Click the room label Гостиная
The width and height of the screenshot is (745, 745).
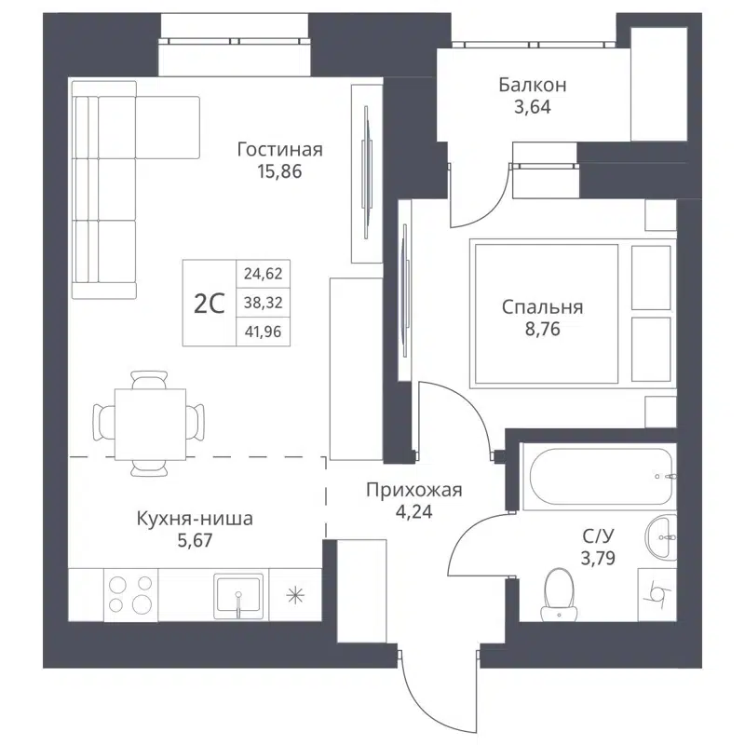click(279, 150)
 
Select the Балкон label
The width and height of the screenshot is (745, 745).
click(532, 85)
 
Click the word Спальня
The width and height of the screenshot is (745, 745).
click(542, 306)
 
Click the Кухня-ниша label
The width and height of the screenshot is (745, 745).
click(195, 519)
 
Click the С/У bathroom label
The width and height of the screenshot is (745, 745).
click(597, 536)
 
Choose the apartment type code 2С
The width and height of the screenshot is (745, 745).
click(210, 303)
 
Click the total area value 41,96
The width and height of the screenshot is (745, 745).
click(263, 329)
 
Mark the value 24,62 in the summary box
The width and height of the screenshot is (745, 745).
click(263, 274)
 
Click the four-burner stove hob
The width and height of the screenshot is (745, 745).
click(130, 594)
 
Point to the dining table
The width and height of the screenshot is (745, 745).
click(149, 421)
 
